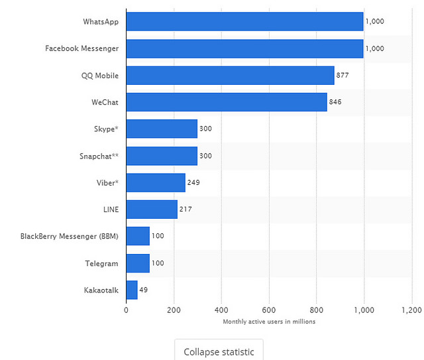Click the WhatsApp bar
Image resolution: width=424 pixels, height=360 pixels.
pyautogui.click(x=244, y=21)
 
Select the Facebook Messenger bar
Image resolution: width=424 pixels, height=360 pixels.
pyautogui.click(x=244, y=48)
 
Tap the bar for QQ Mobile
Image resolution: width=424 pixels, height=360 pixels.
pyautogui.click(x=230, y=75)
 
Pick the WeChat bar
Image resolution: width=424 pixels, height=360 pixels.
pyautogui.click(x=227, y=102)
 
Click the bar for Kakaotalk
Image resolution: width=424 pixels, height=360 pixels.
pyautogui.click(x=132, y=290)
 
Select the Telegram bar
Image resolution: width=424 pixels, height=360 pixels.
pyautogui.click(x=138, y=263)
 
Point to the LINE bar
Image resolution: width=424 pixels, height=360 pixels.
pyautogui.click(x=152, y=210)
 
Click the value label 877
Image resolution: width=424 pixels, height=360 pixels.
pyautogui.click(x=343, y=76)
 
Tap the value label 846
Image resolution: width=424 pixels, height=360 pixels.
pyautogui.click(x=335, y=102)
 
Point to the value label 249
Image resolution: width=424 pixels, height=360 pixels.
pyautogui.click(x=193, y=183)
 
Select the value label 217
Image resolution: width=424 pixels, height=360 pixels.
pyautogui.click(x=185, y=210)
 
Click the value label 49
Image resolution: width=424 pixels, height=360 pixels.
pyautogui.click(x=144, y=290)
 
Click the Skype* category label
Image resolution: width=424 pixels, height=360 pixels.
pyautogui.click(x=106, y=129)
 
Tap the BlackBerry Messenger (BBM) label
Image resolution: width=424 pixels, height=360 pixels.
pyautogui.click(x=70, y=237)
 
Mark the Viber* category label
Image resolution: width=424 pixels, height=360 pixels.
pyautogui.click(x=107, y=183)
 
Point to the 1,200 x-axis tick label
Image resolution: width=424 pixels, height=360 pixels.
pyautogui.click(x=411, y=310)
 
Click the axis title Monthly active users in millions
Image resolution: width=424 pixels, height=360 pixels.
pyautogui.click(x=268, y=322)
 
